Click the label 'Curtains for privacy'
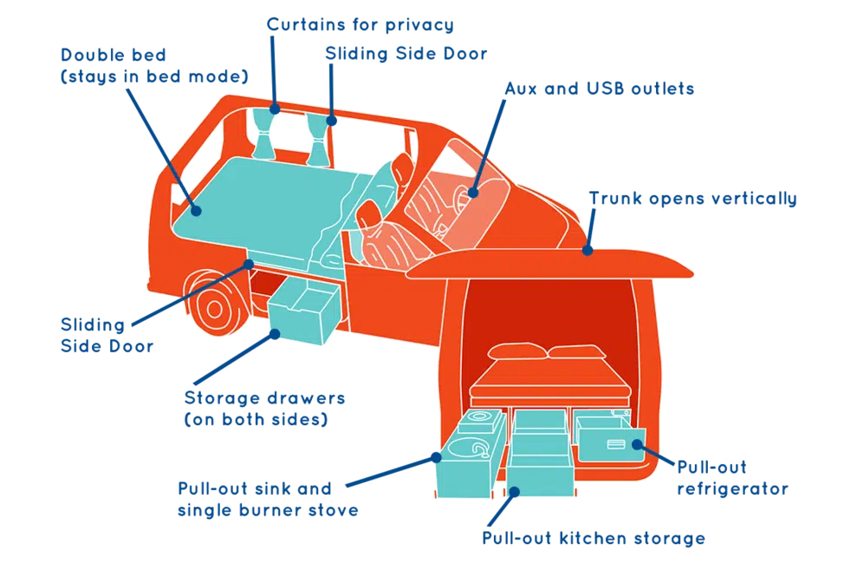click(360, 24)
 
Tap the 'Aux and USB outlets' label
click(599, 89)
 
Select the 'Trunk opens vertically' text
click(692, 198)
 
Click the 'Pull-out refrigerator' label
click(732, 478)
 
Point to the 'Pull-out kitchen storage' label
click(593, 538)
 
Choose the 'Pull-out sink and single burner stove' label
click(267, 499)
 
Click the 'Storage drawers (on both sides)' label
click(264, 409)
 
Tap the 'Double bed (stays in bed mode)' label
click(154, 66)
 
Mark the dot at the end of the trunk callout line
click(587, 251)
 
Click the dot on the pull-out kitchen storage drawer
click(514, 491)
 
